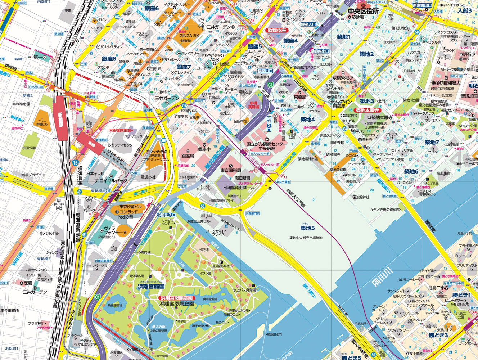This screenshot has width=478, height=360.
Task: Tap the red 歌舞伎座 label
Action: point(276,31)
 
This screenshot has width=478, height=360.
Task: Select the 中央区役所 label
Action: point(363,12)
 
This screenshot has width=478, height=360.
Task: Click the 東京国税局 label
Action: point(231,171)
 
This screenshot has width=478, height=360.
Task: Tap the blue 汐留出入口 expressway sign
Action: point(167,215)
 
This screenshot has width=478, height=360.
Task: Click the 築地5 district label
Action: point(307,228)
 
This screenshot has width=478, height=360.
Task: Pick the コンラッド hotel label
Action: point(126,212)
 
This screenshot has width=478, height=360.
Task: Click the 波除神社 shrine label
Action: point(361,197)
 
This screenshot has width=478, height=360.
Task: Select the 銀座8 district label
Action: point(109,59)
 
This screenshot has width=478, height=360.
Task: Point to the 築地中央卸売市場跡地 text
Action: point(306,238)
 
